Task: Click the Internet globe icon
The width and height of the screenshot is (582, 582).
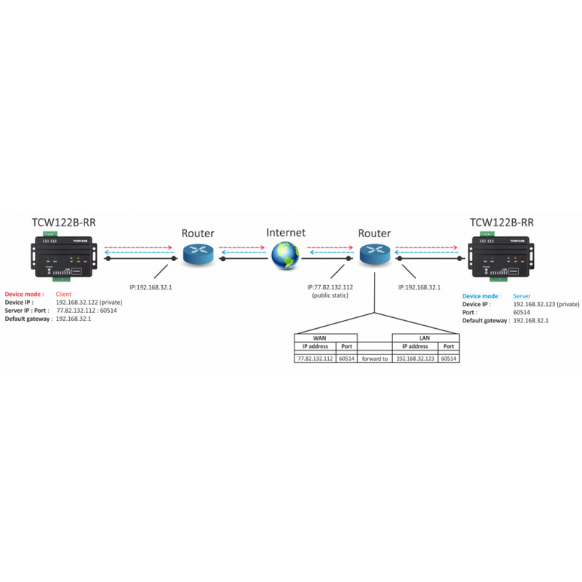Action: click(x=285, y=255)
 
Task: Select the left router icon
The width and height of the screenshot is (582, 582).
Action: click(x=197, y=255)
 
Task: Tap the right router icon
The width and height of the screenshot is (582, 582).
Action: click(x=375, y=255)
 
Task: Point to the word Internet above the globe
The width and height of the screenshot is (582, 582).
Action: click(x=286, y=233)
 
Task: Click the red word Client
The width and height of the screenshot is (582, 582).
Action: click(x=65, y=294)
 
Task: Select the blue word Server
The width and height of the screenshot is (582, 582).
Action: click(x=522, y=296)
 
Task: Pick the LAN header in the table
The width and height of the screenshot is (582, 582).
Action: click(x=426, y=338)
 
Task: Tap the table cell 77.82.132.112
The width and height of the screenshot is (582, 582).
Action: click(x=314, y=359)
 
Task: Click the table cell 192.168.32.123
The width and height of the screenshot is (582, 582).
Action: click(x=415, y=359)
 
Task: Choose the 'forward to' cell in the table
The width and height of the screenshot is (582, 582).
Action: click(x=374, y=359)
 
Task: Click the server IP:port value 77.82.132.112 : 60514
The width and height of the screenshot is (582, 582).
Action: click(x=86, y=310)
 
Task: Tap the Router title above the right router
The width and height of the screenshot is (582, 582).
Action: click(x=375, y=234)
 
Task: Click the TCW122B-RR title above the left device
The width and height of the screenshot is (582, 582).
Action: click(x=63, y=223)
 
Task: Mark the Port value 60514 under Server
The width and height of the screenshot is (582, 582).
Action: click(x=522, y=312)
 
